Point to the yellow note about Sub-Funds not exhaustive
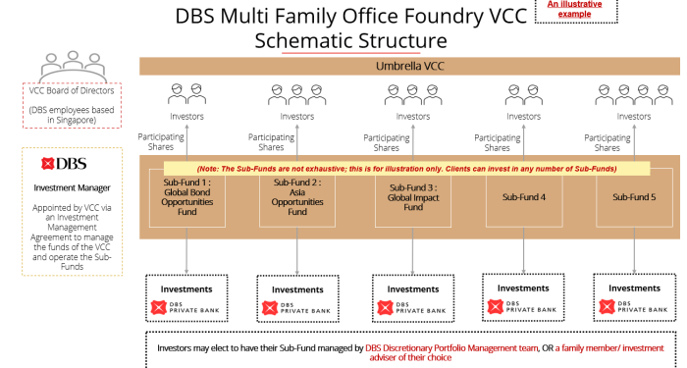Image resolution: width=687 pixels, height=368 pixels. click(x=406, y=169)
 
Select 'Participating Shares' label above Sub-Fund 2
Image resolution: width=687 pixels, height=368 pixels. click(x=271, y=143)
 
